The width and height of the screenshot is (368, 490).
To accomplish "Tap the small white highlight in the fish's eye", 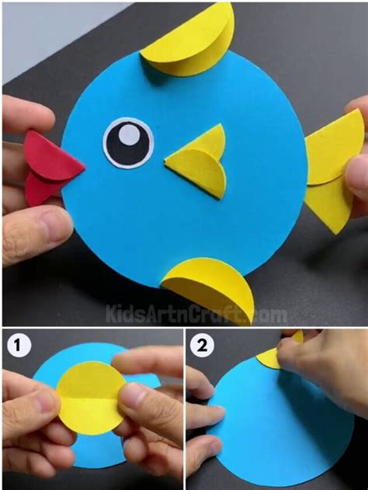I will pyautogui.click(x=131, y=137).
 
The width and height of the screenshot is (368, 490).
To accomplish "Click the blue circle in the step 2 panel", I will pyautogui.click(x=264, y=427).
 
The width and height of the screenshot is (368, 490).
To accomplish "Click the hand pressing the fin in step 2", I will pyautogui.click(x=326, y=365).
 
